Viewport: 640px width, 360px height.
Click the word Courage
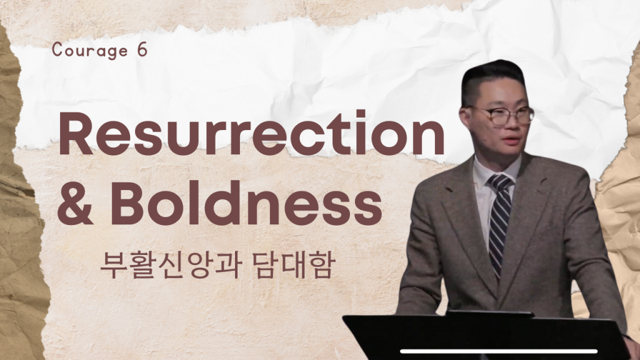(90, 51)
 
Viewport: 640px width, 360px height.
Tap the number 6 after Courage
(142, 50)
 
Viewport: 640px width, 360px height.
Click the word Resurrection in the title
(251, 132)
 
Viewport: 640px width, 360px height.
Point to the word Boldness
(246, 203)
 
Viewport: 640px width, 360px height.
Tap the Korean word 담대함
(294, 265)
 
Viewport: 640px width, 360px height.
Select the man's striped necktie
(499, 221)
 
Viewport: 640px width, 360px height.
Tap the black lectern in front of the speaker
(486, 336)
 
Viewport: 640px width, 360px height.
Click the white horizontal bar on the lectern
(498, 351)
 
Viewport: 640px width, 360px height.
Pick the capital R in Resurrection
(76, 133)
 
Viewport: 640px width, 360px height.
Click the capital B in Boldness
(127, 203)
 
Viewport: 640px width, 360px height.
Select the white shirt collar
(495, 171)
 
